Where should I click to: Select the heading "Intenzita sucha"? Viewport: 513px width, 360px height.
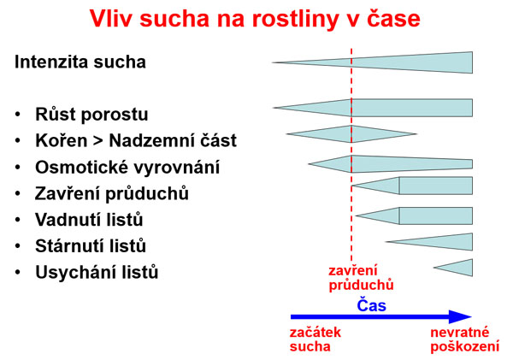tap(80, 62)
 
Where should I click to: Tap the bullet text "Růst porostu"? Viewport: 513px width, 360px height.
tap(91, 115)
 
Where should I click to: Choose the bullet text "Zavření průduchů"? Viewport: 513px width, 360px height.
tap(112, 193)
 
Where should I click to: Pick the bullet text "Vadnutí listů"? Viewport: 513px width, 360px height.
tap(89, 219)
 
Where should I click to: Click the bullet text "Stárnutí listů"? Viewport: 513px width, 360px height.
tap(91, 245)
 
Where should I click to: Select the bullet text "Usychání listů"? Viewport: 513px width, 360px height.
tap(97, 272)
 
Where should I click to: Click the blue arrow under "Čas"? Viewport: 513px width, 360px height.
tap(380, 317)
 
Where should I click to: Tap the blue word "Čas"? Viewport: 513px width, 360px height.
tap(371, 304)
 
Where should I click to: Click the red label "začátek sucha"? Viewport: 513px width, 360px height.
tap(315, 339)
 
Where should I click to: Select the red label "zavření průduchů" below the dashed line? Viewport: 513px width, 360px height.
tap(360, 278)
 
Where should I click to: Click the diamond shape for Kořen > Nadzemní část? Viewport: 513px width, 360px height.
tap(351, 134)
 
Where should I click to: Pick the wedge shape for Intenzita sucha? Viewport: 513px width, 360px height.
tap(410, 62)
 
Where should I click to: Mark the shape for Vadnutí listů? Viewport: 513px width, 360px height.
tap(419, 215)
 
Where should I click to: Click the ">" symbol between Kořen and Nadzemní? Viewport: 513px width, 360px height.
tap(101, 141)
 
